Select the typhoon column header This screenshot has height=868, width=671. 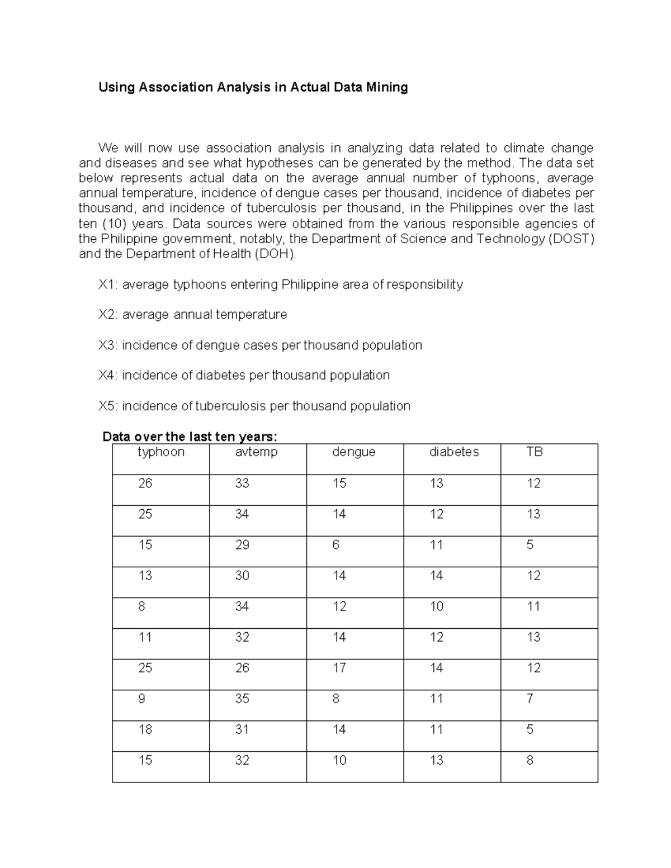161,452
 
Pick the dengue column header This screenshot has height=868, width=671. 353,452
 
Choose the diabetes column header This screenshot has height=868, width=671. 453,452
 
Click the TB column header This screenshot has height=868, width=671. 534,452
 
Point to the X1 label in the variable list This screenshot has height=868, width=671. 107,284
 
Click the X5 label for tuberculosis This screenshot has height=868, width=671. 107,406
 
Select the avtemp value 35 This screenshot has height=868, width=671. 242,699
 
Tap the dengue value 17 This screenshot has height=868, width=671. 339,668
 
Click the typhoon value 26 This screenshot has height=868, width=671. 145,483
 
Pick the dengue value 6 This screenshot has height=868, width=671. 335,545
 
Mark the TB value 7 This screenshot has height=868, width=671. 530,699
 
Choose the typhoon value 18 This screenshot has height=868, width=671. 145,729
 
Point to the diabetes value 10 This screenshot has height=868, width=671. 436,606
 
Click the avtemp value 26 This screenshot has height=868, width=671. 242,668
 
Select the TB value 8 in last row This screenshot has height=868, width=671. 530,760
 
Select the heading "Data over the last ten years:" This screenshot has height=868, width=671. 190,437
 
